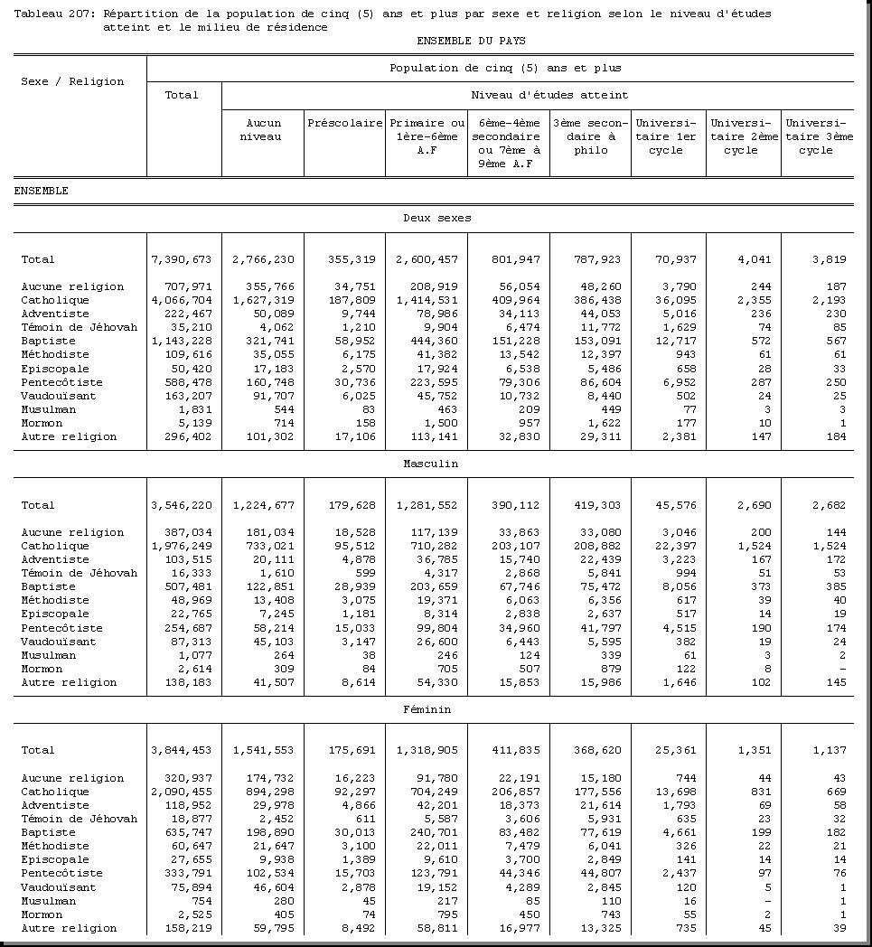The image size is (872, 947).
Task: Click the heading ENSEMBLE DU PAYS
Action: pyautogui.click(x=471, y=41)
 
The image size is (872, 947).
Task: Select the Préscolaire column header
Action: pyautogui.click(x=344, y=123)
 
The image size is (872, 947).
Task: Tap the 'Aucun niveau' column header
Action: pyautogui.click(x=263, y=129)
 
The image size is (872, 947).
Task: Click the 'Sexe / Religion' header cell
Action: pyautogui.click(x=72, y=81)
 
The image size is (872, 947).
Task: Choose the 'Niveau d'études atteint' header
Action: pyautogui.click(x=536, y=95)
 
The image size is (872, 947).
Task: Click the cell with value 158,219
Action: pyautogui.click(x=185, y=928)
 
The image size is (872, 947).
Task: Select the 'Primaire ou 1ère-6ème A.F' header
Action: pyautogui.click(x=427, y=136)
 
